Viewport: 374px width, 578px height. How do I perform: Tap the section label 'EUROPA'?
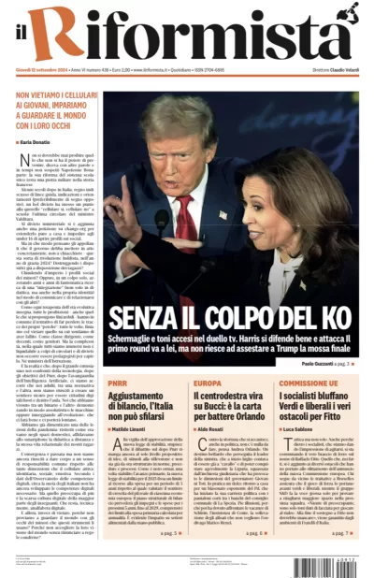pos(209,383)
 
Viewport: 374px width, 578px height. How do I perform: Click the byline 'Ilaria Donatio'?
pos(36,141)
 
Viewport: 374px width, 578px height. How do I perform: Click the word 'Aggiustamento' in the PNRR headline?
pos(140,397)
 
